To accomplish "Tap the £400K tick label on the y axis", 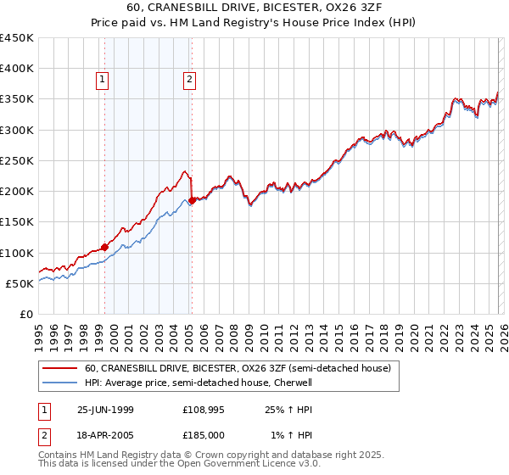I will (17, 69).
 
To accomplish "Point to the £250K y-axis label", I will (17, 160).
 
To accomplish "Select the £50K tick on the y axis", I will (20, 283).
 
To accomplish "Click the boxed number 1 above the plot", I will (102, 81).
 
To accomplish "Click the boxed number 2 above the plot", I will (188, 81).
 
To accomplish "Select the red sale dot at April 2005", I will (192, 200).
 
